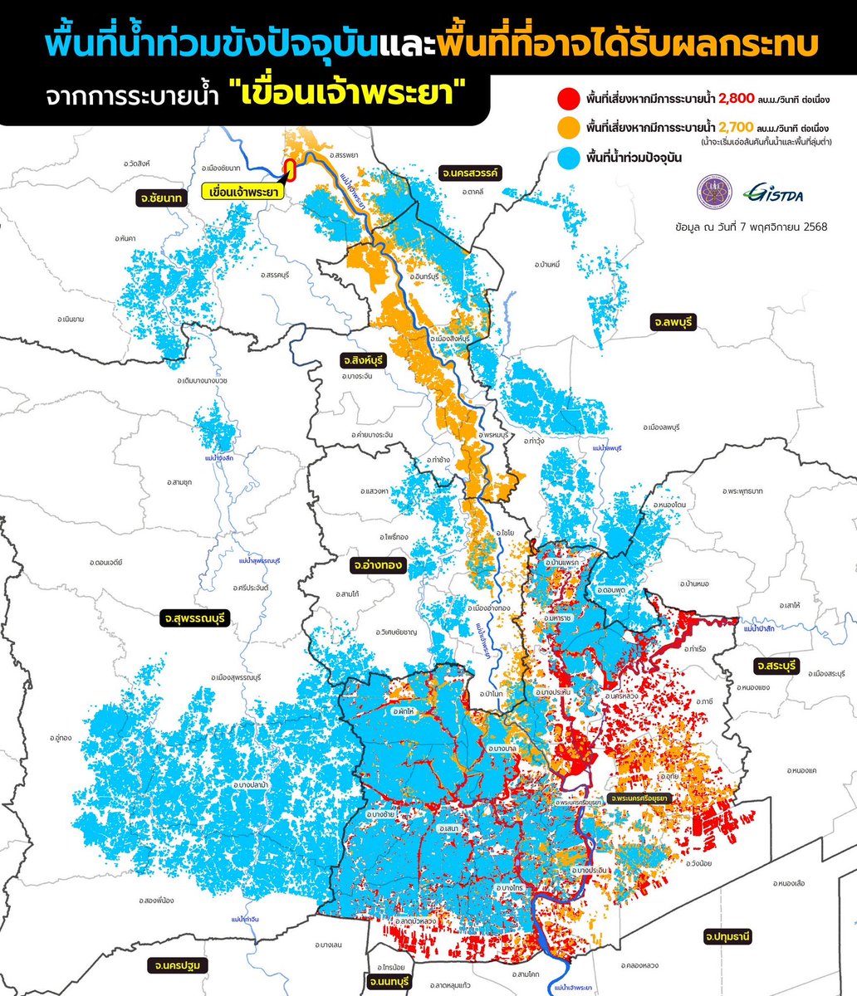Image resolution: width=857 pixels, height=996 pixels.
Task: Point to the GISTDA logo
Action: tap(773, 193)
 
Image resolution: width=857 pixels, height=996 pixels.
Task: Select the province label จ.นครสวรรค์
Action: tap(469, 173)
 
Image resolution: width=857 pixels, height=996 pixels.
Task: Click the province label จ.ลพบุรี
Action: tap(673, 321)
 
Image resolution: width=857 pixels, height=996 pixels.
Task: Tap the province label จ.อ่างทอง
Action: tap(377, 565)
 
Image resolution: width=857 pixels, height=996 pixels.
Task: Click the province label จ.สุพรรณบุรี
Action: tap(195, 618)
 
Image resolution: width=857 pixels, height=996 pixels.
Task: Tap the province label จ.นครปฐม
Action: tap(178, 965)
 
